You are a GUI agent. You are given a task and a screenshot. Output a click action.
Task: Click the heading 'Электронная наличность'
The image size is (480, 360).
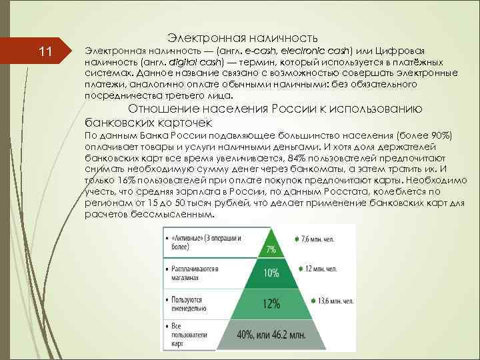click(242, 37)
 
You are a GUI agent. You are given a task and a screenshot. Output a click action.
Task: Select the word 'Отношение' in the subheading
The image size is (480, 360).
click(159, 109)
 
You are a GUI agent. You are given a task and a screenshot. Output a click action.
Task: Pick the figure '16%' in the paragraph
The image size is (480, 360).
click(123, 179)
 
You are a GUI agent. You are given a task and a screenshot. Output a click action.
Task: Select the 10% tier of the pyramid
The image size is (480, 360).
click(271, 273)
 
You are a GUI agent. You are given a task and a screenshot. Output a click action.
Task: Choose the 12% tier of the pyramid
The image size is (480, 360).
click(271, 303)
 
